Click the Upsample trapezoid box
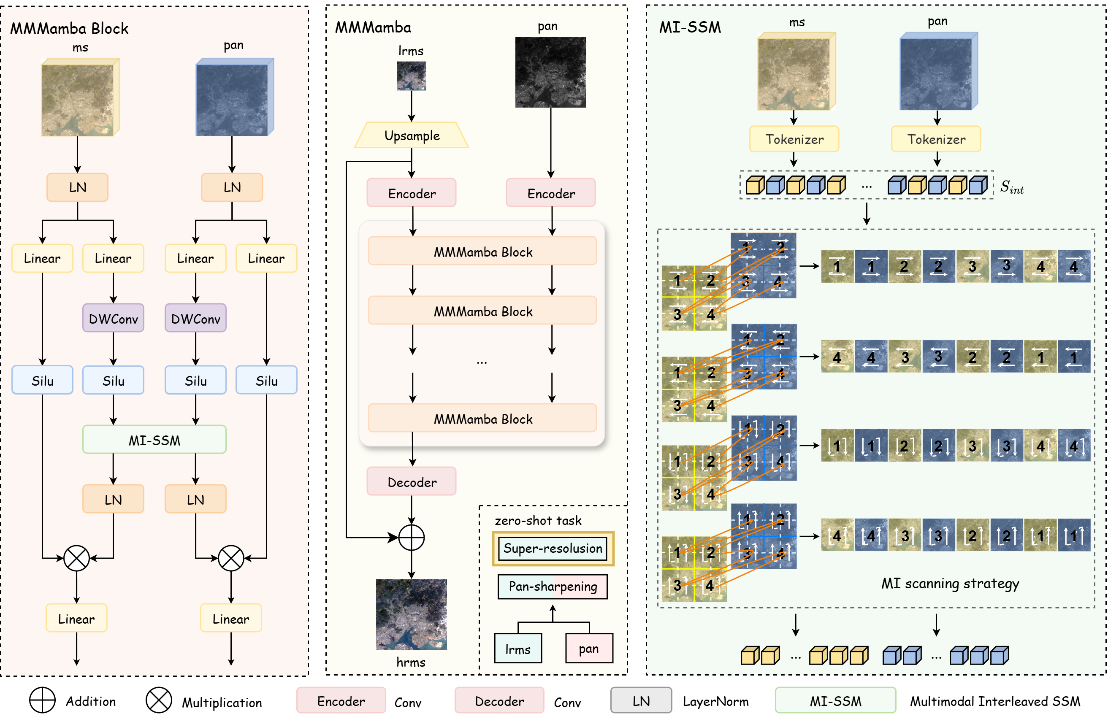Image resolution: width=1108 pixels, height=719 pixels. [x=412, y=135]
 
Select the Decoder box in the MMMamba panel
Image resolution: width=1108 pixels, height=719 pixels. [x=412, y=482]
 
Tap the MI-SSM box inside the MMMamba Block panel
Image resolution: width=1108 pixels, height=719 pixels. [x=154, y=440]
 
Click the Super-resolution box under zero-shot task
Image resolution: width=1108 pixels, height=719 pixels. [x=553, y=548]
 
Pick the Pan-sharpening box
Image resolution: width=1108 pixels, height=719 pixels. [x=553, y=587]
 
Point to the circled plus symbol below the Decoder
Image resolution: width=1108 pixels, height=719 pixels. [x=412, y=538]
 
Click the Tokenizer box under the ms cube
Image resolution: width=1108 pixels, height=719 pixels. [x=794, y=139]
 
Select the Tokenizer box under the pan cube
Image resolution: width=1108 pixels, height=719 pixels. [x=936, y=139]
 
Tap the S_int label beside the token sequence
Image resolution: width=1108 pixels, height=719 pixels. [x=1012, y=187]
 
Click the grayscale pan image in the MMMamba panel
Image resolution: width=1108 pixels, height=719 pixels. [x=550, y=72]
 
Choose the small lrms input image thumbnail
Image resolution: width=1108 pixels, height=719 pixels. [x=411, y=76]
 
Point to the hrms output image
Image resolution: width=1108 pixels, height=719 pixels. [x=411, y=614]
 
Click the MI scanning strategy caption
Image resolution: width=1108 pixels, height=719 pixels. [x=950, y=584]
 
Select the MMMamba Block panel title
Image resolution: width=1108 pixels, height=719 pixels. [x=69, y=29]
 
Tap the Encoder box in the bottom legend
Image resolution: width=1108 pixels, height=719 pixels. [x=341, y=700]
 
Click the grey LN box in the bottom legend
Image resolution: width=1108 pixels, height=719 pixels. [x=641, y=700]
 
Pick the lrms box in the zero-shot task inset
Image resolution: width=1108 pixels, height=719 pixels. [x=517, y=649]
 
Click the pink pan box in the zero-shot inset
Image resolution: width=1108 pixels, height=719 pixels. [x=589, y=648]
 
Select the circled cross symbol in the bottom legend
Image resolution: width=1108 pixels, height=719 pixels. [x=159, y=700]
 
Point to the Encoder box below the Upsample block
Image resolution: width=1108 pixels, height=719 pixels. [x=412, y=193]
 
